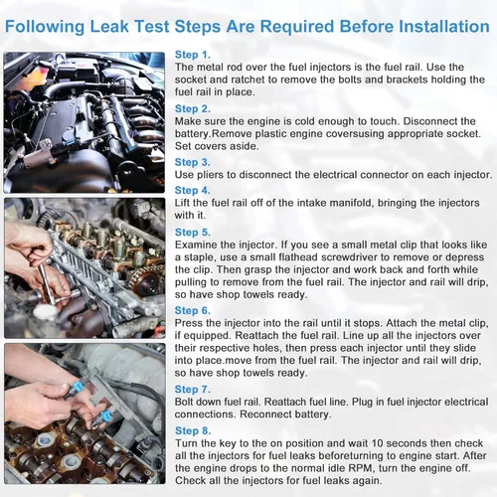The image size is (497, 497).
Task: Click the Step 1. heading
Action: point(192,55)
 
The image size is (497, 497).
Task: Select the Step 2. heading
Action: point(192,108)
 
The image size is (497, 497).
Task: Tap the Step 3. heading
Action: point(192,161)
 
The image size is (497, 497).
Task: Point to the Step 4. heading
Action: point(192,190)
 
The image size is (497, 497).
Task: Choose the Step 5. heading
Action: point(192,231)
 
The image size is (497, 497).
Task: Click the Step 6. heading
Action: point(192,309)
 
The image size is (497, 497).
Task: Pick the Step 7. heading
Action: point(192,389)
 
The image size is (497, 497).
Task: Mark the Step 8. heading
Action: point(192,429)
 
